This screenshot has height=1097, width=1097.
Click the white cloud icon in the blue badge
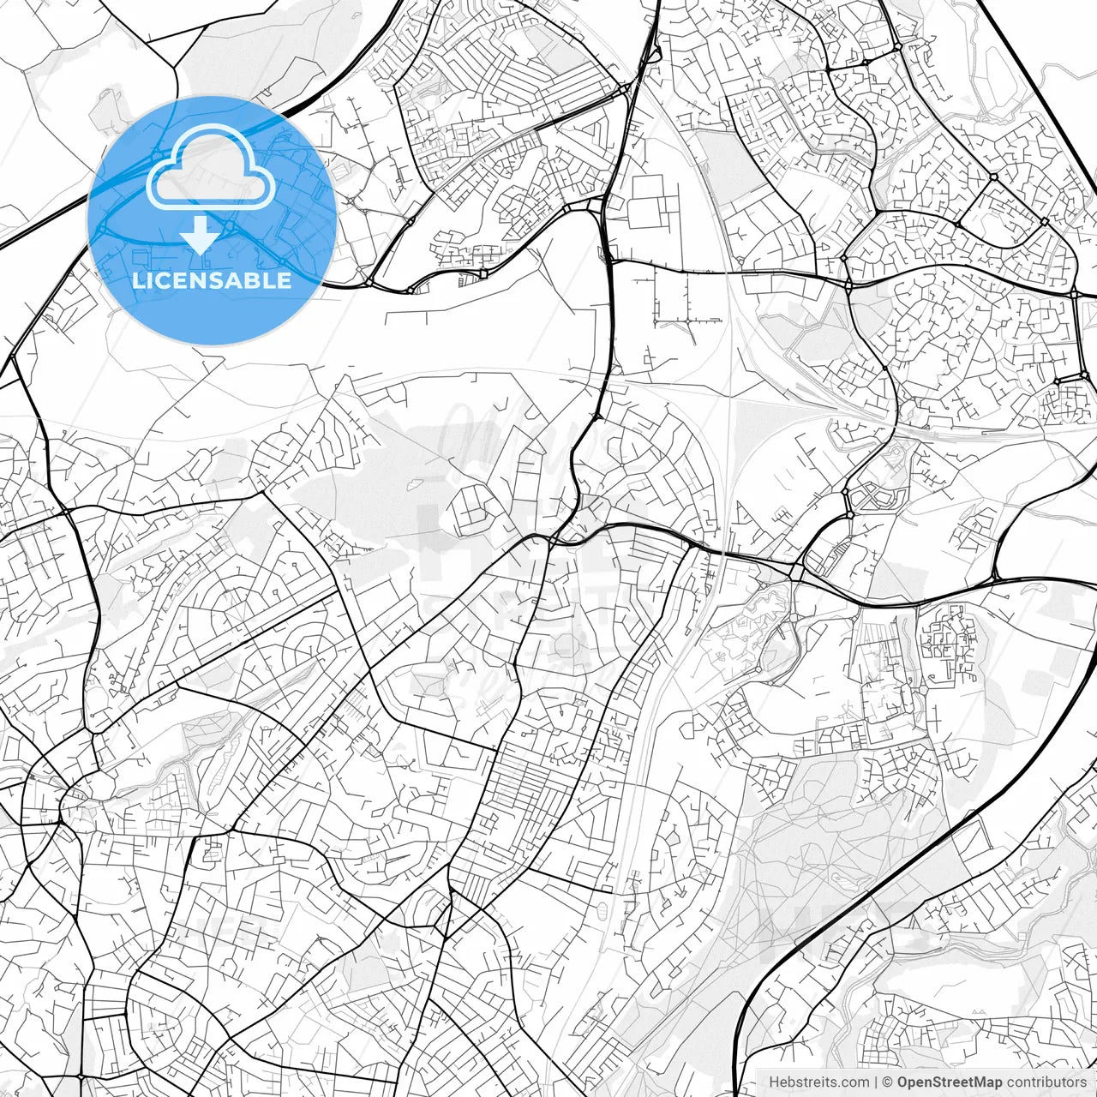pyautogui.click(x=211, y=167)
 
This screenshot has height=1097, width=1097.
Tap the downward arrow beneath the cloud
pyautogui.click(x=200, y=236)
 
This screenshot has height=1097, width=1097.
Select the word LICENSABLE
pyautogui.click(x=212, y=280)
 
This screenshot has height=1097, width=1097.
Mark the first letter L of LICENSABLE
pyautogui.click(x=139, y=280)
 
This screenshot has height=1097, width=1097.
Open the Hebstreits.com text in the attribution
pyautogui.click(x=818, y=1082)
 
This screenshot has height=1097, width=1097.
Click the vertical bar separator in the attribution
pyautogui.click(x=875, y=1082)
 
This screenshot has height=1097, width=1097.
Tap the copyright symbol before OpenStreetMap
pyautogui.click(x=889, y=1082)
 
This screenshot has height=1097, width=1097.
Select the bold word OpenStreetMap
pyautogui.click(x=949, y=1082)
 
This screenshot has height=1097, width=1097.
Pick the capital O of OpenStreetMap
pyautogui.click(x=902, y=1082)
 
